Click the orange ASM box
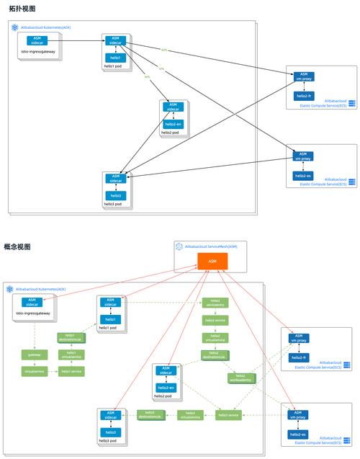pos(212,261)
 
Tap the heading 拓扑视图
pos(22,9)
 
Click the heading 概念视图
pos(17,246)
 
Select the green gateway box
pos(35,355)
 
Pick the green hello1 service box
pos(71,371)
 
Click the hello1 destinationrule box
pos(71,337)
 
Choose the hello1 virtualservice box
pos(71,355)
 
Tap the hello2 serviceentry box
pos(215,303)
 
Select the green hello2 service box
pos(215,320)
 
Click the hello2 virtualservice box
pos(215,337)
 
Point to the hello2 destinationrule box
pos(215,355)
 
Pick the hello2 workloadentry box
pos(240,377)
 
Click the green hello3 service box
pos(228,415)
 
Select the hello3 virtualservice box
pos(190,415)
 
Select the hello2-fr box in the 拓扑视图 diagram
pos(303,95)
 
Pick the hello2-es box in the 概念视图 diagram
pos(299,435)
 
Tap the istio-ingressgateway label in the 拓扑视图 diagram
pos(38,53)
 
